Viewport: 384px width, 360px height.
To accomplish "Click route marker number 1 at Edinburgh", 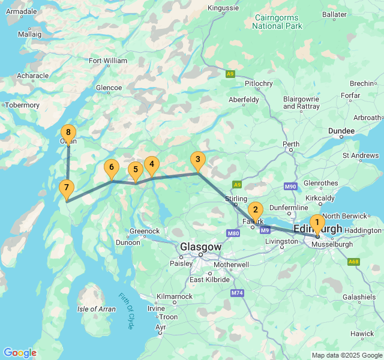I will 317,223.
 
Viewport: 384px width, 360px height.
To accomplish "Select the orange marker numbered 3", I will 198,160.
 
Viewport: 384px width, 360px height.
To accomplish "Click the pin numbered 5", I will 136,170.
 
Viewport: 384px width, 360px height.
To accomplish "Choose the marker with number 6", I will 110,169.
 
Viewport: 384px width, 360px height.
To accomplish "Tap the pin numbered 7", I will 67,188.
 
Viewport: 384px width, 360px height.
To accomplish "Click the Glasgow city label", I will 201,247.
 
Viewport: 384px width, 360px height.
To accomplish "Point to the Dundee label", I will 341,131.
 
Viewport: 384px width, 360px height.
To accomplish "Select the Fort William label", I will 108,61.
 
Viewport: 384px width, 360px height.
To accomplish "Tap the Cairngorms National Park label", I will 277,22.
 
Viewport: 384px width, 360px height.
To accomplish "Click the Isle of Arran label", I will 96,309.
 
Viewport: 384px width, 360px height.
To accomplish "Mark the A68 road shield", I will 353,262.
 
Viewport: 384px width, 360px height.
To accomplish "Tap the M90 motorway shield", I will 291,187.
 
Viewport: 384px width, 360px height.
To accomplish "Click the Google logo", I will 20,353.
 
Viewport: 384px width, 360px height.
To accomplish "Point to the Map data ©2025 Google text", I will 346,355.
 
